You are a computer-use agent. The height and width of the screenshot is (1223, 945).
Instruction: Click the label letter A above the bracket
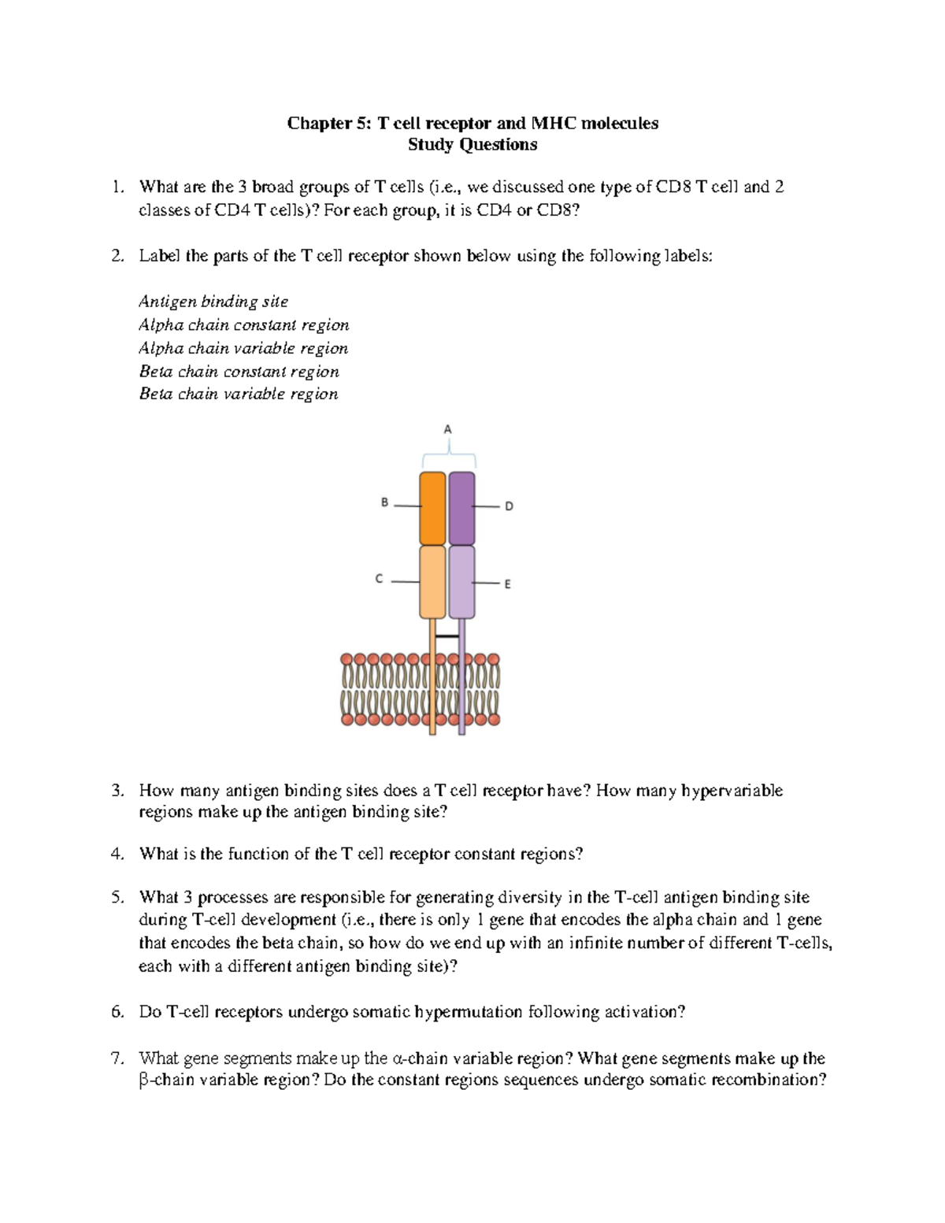tap(447, 430)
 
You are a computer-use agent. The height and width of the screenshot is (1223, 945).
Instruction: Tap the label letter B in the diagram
tap(385, 502)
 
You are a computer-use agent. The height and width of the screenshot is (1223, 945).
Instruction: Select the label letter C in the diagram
tap(379, 579)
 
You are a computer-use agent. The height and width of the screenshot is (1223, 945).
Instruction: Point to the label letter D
tap(509, 506)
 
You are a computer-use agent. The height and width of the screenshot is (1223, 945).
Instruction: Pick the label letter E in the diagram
tap(508, 584)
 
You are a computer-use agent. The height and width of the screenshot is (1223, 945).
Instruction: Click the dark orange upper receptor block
tap(432, 509)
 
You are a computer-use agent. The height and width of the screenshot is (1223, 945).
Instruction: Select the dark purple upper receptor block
tap(461, 509)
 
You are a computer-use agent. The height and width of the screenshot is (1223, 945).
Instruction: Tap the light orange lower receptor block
tap(432, 582)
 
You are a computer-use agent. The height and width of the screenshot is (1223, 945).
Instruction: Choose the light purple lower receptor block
tap(461, 582)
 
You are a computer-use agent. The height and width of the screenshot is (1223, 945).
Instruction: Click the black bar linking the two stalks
tap(447, 636)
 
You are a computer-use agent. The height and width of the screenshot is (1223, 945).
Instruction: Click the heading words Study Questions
tap(472, 145)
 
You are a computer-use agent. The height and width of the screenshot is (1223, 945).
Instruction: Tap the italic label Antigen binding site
tap(213, 302)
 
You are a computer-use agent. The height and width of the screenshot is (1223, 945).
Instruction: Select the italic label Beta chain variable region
tap(239, 394)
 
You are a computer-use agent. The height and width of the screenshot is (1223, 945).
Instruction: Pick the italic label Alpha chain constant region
tap(243, 325)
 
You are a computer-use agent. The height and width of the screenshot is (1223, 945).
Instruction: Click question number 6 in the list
tap(117, 1012)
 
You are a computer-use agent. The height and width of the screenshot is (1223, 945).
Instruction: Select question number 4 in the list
tap(117, 854)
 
